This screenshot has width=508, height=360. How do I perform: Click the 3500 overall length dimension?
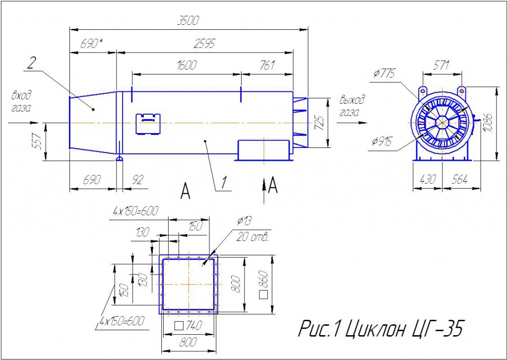click(188, 21)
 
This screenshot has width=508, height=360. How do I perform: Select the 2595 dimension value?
click(204, 44)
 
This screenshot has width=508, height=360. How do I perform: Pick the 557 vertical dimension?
click(38, 142)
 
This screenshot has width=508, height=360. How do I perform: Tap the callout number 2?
click(30, 64)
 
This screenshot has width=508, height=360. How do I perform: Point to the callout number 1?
click(224, 183)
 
